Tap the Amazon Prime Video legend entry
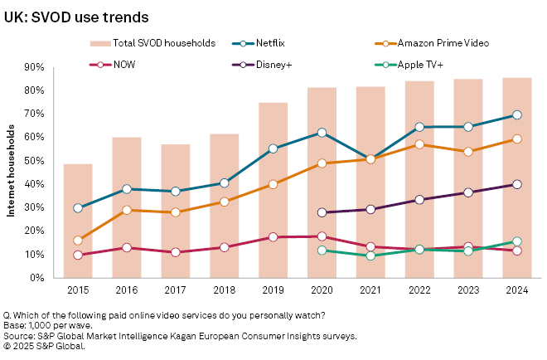(x=438, y=42)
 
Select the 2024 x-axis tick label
(x=517, y=291)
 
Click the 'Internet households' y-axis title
(x=12, y=172)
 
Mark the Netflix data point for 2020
(x=322, y=133)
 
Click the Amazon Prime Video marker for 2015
(x=78, y=241)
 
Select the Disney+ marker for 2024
(x=517, y=184)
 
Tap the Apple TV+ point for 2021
(x=370, y=255)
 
